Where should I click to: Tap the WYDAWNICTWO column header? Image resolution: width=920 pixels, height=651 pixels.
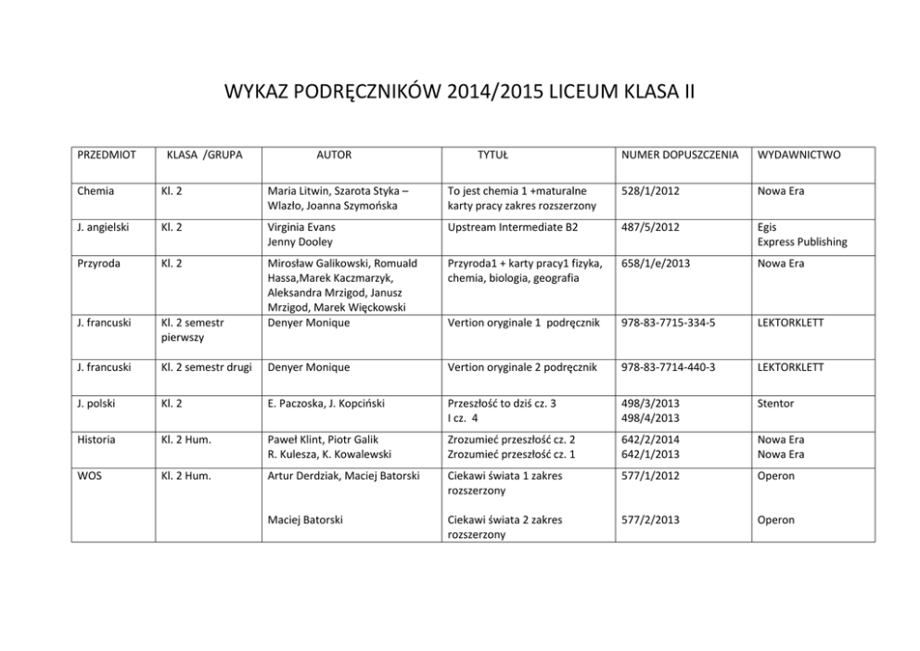click(799, 155)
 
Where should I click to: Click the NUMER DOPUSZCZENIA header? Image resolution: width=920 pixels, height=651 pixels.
click(680, 155)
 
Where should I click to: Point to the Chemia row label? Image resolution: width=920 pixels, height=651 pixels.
click(96, 191)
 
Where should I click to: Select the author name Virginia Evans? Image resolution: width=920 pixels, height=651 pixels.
click(301, 227)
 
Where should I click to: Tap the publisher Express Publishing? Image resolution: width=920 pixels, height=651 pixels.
click(802, 242)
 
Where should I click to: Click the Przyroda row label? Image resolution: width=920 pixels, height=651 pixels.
click(100, 263)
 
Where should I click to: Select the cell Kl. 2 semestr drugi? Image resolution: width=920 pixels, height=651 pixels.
click(208, 367)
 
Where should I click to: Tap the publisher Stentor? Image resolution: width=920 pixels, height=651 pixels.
click(776, 404)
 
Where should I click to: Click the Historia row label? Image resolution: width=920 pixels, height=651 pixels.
click(98, 440)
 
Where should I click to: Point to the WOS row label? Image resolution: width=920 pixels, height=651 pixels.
click(91, 476)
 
